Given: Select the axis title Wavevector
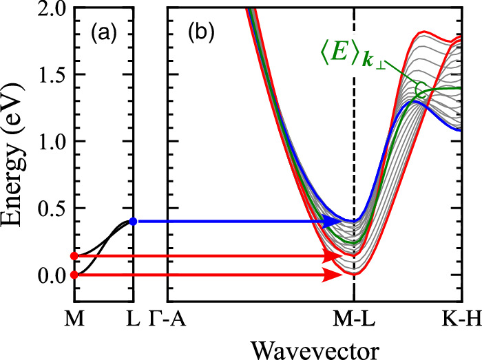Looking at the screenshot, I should [x=314, y=348].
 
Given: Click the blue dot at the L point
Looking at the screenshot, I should [x=133, y=222].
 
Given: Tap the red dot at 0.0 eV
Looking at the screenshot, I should [x=74, y=275].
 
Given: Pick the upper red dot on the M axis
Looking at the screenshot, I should [x=74, y=256].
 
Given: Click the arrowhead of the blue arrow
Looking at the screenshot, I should [x=337, y=222].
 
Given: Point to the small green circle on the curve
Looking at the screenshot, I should [x=421, y=87].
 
